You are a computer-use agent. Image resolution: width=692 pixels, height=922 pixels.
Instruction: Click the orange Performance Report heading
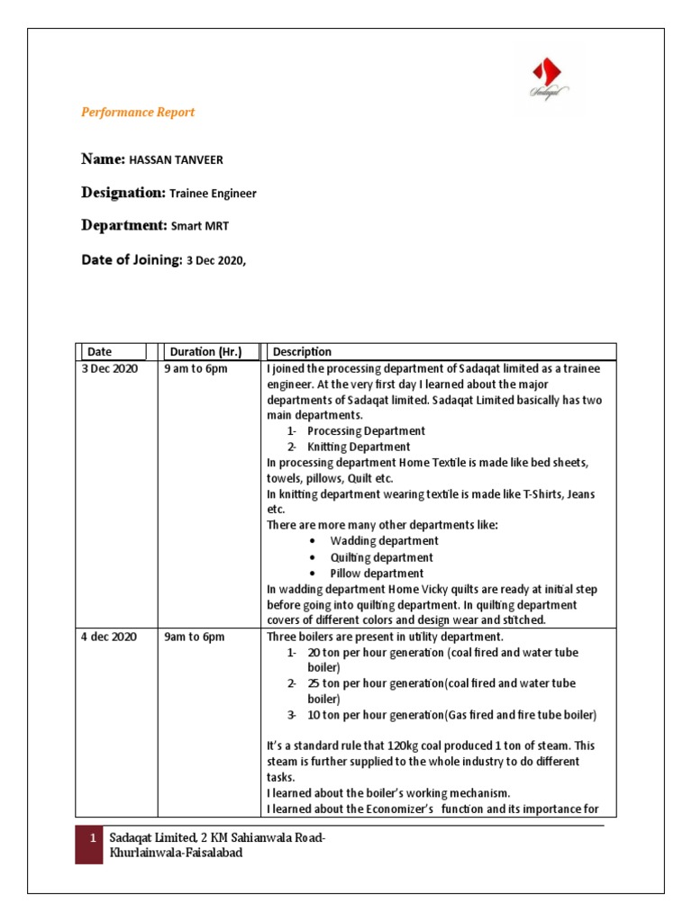point(138,113)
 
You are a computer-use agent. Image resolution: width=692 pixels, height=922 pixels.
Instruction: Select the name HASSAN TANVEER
point(176,160)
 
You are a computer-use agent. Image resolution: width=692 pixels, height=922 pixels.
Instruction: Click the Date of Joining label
point(131,259)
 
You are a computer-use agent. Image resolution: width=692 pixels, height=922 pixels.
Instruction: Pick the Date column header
point(99,352)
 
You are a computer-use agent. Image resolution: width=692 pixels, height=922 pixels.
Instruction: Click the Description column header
point(302,352)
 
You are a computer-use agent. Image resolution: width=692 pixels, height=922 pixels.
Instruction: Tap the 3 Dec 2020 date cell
point(110,369)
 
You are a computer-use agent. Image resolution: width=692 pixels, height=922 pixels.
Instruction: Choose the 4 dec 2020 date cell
point(109,637)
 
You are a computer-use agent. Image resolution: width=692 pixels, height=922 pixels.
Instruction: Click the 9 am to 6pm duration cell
point(196,369)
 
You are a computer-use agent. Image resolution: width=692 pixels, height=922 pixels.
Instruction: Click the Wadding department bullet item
point(372,541)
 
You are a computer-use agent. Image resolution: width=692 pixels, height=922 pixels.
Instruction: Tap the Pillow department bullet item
point(366,574)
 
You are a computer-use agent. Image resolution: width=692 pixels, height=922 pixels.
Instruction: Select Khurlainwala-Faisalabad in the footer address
point(176,853)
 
